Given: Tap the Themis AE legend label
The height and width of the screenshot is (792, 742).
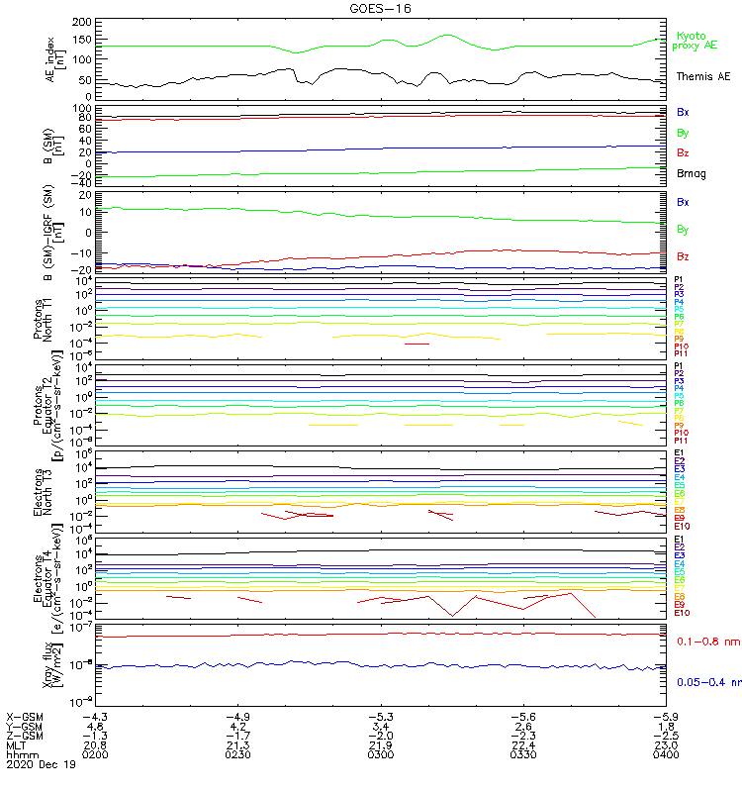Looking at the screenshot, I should pyautogui.click(x=702, y=76).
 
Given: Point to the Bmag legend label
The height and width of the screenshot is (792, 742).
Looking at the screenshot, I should pyautogui.click(x=692, y=173).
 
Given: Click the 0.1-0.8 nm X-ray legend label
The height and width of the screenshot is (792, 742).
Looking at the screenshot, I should pyautogui.click(x=707, y=642).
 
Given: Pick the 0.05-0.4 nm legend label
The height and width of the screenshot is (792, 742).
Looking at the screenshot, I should pyautogui.click(x=708, y=681).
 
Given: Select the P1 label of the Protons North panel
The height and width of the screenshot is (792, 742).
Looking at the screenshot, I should pyautogui.click(x=679, y=280).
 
